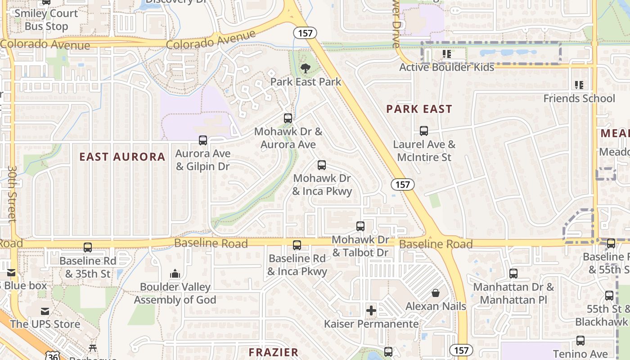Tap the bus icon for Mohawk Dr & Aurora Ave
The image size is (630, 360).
tap(288, 118)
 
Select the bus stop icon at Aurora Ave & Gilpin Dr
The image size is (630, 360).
tap(203, 140)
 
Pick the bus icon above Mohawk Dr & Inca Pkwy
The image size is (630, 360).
tap(322, 165)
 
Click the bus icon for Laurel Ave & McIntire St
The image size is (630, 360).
tap(424, 131)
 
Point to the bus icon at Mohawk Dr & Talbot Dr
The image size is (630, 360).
tap(360, 226)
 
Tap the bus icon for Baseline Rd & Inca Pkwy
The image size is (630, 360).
tap(297, 245)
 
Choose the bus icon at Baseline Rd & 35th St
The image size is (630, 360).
tap(88, 247)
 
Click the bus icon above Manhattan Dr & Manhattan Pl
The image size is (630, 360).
tap(513, 274)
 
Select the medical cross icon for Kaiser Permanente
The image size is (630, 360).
tap(371, 310)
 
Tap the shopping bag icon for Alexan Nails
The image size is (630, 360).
tap(436, 293)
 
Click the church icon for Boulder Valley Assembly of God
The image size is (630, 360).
tap(175, 274)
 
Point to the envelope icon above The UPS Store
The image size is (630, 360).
tap(45, 311)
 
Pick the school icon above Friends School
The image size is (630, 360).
tap(579, 85)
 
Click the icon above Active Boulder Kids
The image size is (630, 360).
tap(447, 54)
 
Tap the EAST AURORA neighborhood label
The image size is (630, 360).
tap(122, 157)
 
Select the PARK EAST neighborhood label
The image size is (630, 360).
tap(419, 109)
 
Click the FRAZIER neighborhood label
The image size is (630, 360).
tap(274, 352)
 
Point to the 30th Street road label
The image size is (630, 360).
tap(12, 193)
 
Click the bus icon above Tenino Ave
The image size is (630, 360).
tap(580, 341)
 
